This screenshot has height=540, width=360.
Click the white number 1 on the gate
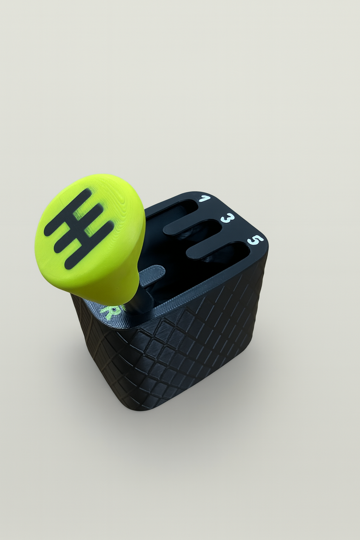(203, 199)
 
